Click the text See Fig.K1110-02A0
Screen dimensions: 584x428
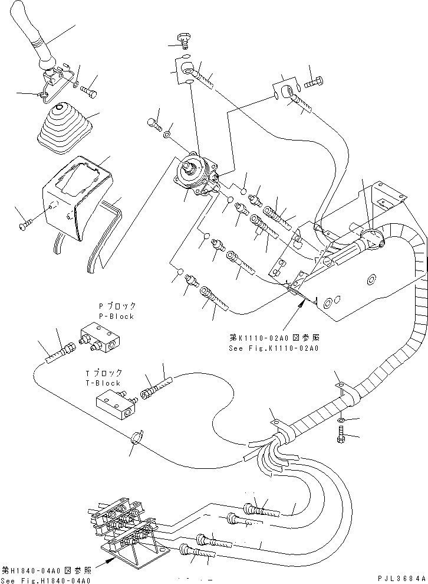point(273,348)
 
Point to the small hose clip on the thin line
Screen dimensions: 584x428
point(137,438)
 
